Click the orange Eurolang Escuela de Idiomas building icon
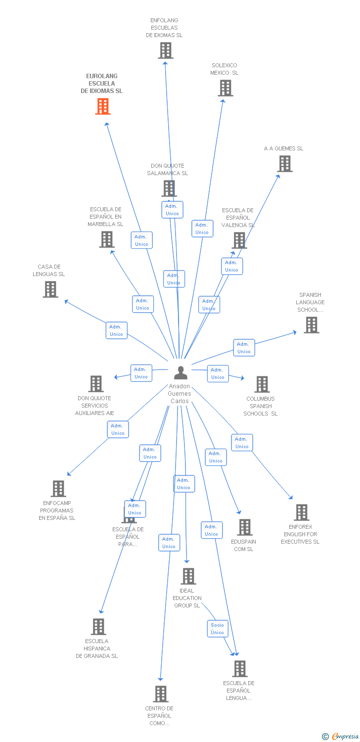(x=103, y=106)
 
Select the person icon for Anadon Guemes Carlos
(x=181, y=372)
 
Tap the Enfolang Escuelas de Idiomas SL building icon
(x=166, y=50)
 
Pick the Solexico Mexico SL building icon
(x=225, y=88)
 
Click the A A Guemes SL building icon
(x=285, y=164)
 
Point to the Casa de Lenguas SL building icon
(x=50, y=289)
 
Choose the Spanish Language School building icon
(x=312, y=325)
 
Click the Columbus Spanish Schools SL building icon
(x=262, y=384)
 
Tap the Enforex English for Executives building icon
(x=302, y=512)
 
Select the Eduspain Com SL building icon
(x=245, y=527)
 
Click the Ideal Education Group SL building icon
(x=188, y=576)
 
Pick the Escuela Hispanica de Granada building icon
(x=98, y=627)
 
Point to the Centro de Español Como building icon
(x=161, y=694)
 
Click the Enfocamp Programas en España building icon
(x=58, y=489)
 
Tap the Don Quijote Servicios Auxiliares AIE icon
(x=96, y=384)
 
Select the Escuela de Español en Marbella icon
(x=107, y=239)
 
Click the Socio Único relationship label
(x=218, y=629)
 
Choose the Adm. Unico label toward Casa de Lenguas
(x=116, y=330)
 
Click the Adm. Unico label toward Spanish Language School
(x=244, y=348)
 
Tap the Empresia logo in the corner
(x=341, y=737)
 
